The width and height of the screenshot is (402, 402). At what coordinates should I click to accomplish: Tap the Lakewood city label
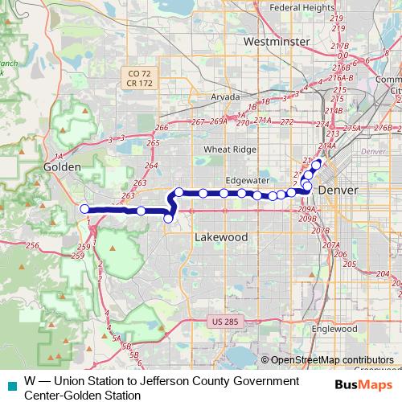click(221, 238)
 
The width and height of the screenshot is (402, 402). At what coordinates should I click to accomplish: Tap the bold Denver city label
click(338, 190)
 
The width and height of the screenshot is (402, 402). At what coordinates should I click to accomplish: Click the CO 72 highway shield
click(140, 73)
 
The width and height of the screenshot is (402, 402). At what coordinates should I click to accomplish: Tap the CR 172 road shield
click(140, 83)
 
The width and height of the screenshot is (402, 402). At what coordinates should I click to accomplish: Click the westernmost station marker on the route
click(84, 209)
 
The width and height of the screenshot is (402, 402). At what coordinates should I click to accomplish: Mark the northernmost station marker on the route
click(317, 164)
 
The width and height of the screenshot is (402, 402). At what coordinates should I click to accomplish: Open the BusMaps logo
click(367, 384)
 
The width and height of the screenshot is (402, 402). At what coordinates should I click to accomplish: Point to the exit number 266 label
click(162, 128)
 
